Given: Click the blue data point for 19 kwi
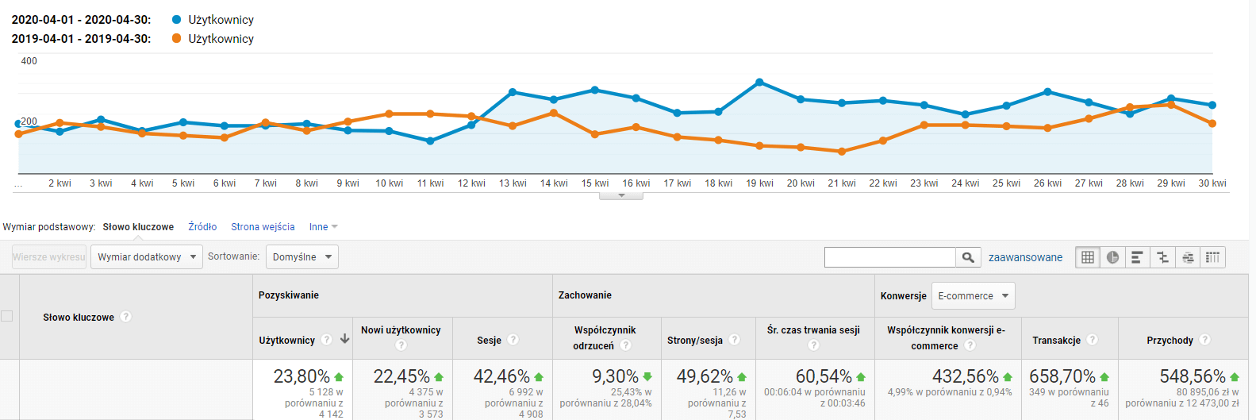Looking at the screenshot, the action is [x=760, y=83].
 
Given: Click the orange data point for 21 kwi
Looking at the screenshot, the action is [x=842, y=152].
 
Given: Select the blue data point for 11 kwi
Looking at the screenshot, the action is [x=430, y=141].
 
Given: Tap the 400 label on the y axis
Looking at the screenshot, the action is [x=29, y=60].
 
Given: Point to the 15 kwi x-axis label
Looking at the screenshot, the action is [x=595, y=183].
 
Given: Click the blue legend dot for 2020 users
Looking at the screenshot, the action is [x=177, y=20].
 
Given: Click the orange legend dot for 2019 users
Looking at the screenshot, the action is [x=177, y=39].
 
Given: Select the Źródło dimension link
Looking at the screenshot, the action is [x=202, y=226].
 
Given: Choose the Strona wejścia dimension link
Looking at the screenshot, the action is [x=263, y=226].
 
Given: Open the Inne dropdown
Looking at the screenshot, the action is [x=324, y=226].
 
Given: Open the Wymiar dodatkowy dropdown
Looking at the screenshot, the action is [x=146, y=256].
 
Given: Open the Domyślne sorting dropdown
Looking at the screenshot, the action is [x=302, y=256].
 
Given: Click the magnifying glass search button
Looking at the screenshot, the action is [x=968, y=257].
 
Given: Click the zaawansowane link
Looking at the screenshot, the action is [x=1026, y=257].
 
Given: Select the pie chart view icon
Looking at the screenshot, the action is [x=1112, y=257].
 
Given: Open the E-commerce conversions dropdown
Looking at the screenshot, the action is [x=973, y=295].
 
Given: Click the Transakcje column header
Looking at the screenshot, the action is [x=1056, y=340].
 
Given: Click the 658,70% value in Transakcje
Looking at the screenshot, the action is [x=1062, y=376].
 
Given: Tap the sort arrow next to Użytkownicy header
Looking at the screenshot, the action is [x=345, y=339].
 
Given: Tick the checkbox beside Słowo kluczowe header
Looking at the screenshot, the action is [x=6, y=316].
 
